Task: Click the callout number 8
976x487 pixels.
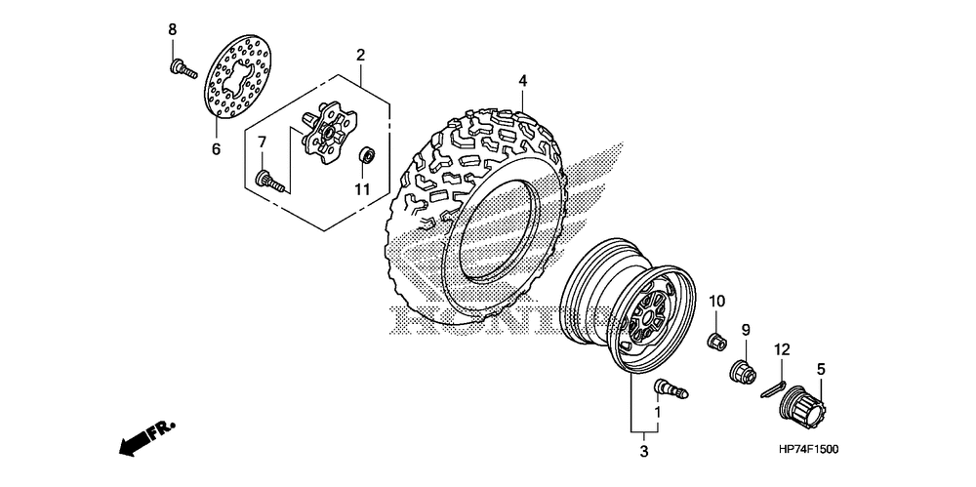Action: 173,29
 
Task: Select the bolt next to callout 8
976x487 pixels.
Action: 182,68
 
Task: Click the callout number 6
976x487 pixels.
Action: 216,149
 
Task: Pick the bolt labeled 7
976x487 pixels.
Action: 268,180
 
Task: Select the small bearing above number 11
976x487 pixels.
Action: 368,153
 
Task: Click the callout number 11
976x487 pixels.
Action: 362,189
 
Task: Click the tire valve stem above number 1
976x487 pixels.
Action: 669,387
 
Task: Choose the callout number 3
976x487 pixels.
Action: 644,451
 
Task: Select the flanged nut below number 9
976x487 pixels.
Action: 743,371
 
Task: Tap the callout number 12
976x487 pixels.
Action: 782,349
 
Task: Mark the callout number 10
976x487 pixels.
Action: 715,300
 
